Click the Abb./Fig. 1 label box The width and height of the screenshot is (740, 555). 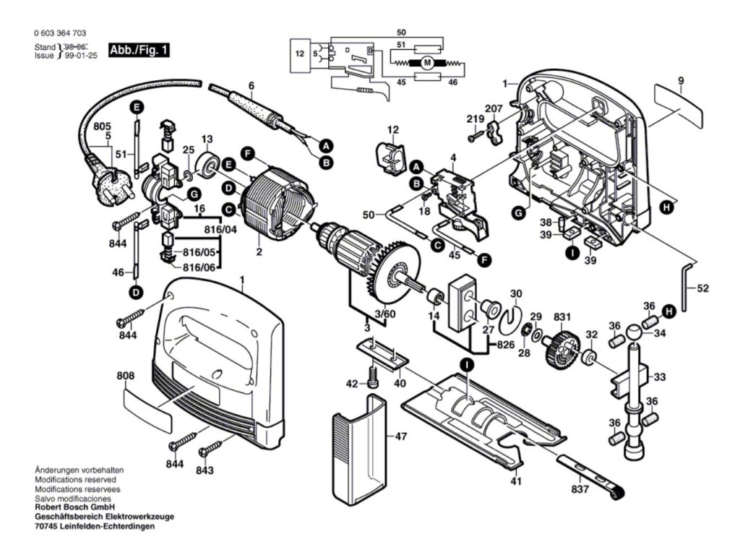tap(139, 51)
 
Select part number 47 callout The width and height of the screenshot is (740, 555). tap(402, 436)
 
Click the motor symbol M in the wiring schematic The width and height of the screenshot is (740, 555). tap(427, 63)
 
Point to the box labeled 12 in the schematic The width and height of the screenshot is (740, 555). tap(300, 53)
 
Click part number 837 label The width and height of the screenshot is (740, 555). tap(580, 489)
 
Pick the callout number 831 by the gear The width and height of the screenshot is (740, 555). tap(561, 317)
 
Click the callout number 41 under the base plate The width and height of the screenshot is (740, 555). tap(516, 481)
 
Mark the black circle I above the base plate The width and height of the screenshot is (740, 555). tap(468, 366)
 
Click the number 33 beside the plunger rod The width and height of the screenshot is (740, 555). tap(659, 377)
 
